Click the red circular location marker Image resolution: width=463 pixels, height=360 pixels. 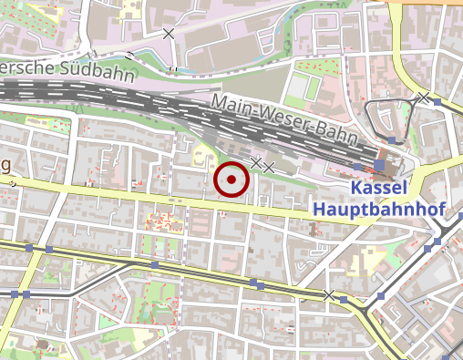231,180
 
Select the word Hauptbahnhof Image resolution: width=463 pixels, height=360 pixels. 378,210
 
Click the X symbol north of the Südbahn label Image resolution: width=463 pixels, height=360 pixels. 169,33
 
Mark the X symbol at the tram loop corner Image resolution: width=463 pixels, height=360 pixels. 424,97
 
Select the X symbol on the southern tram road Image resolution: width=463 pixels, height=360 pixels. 329,295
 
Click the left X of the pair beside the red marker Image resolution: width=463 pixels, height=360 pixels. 256,163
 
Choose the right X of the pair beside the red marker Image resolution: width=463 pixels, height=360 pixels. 269,167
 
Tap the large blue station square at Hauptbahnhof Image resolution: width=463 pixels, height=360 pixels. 379,166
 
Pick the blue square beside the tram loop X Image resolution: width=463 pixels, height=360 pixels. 437,102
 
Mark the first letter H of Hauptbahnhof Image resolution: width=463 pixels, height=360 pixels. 319,210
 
